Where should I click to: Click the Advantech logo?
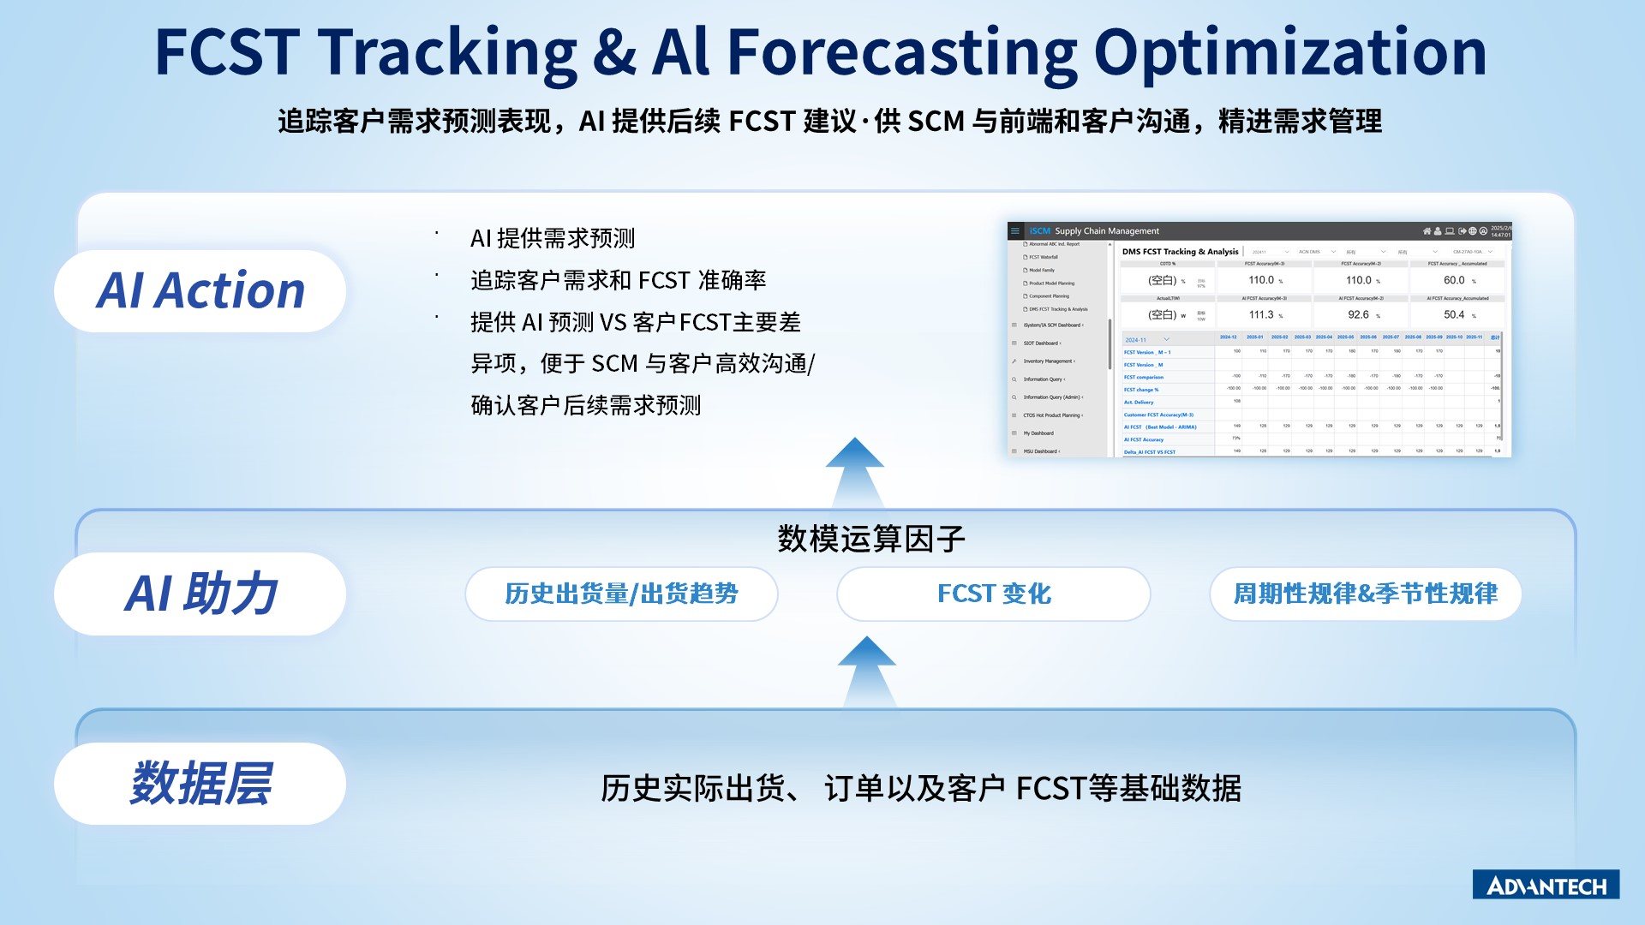pos(1546,885)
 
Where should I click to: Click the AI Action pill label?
pos(200,290)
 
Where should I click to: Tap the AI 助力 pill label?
pos(200,593)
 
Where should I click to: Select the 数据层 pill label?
pos(200,783)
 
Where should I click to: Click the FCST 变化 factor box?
pos(993,594)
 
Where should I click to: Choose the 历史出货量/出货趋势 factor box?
pos(621,594)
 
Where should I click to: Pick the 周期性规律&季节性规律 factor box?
pos(1365,594)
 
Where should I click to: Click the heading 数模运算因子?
pos(871,539)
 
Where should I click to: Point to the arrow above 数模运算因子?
pos(854,471)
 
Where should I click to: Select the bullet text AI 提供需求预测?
pos(553,238)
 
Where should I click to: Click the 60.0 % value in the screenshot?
pos(1455,280)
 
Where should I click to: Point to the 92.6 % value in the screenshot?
pos(1359,314)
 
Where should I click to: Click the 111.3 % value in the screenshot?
pos(1261,314)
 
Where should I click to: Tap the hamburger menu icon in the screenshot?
pos(1015,230)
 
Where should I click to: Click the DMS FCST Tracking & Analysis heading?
pos(1180,252)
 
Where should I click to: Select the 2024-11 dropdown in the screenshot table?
pos(1146,339)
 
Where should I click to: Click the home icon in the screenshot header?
pos(1427,230)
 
